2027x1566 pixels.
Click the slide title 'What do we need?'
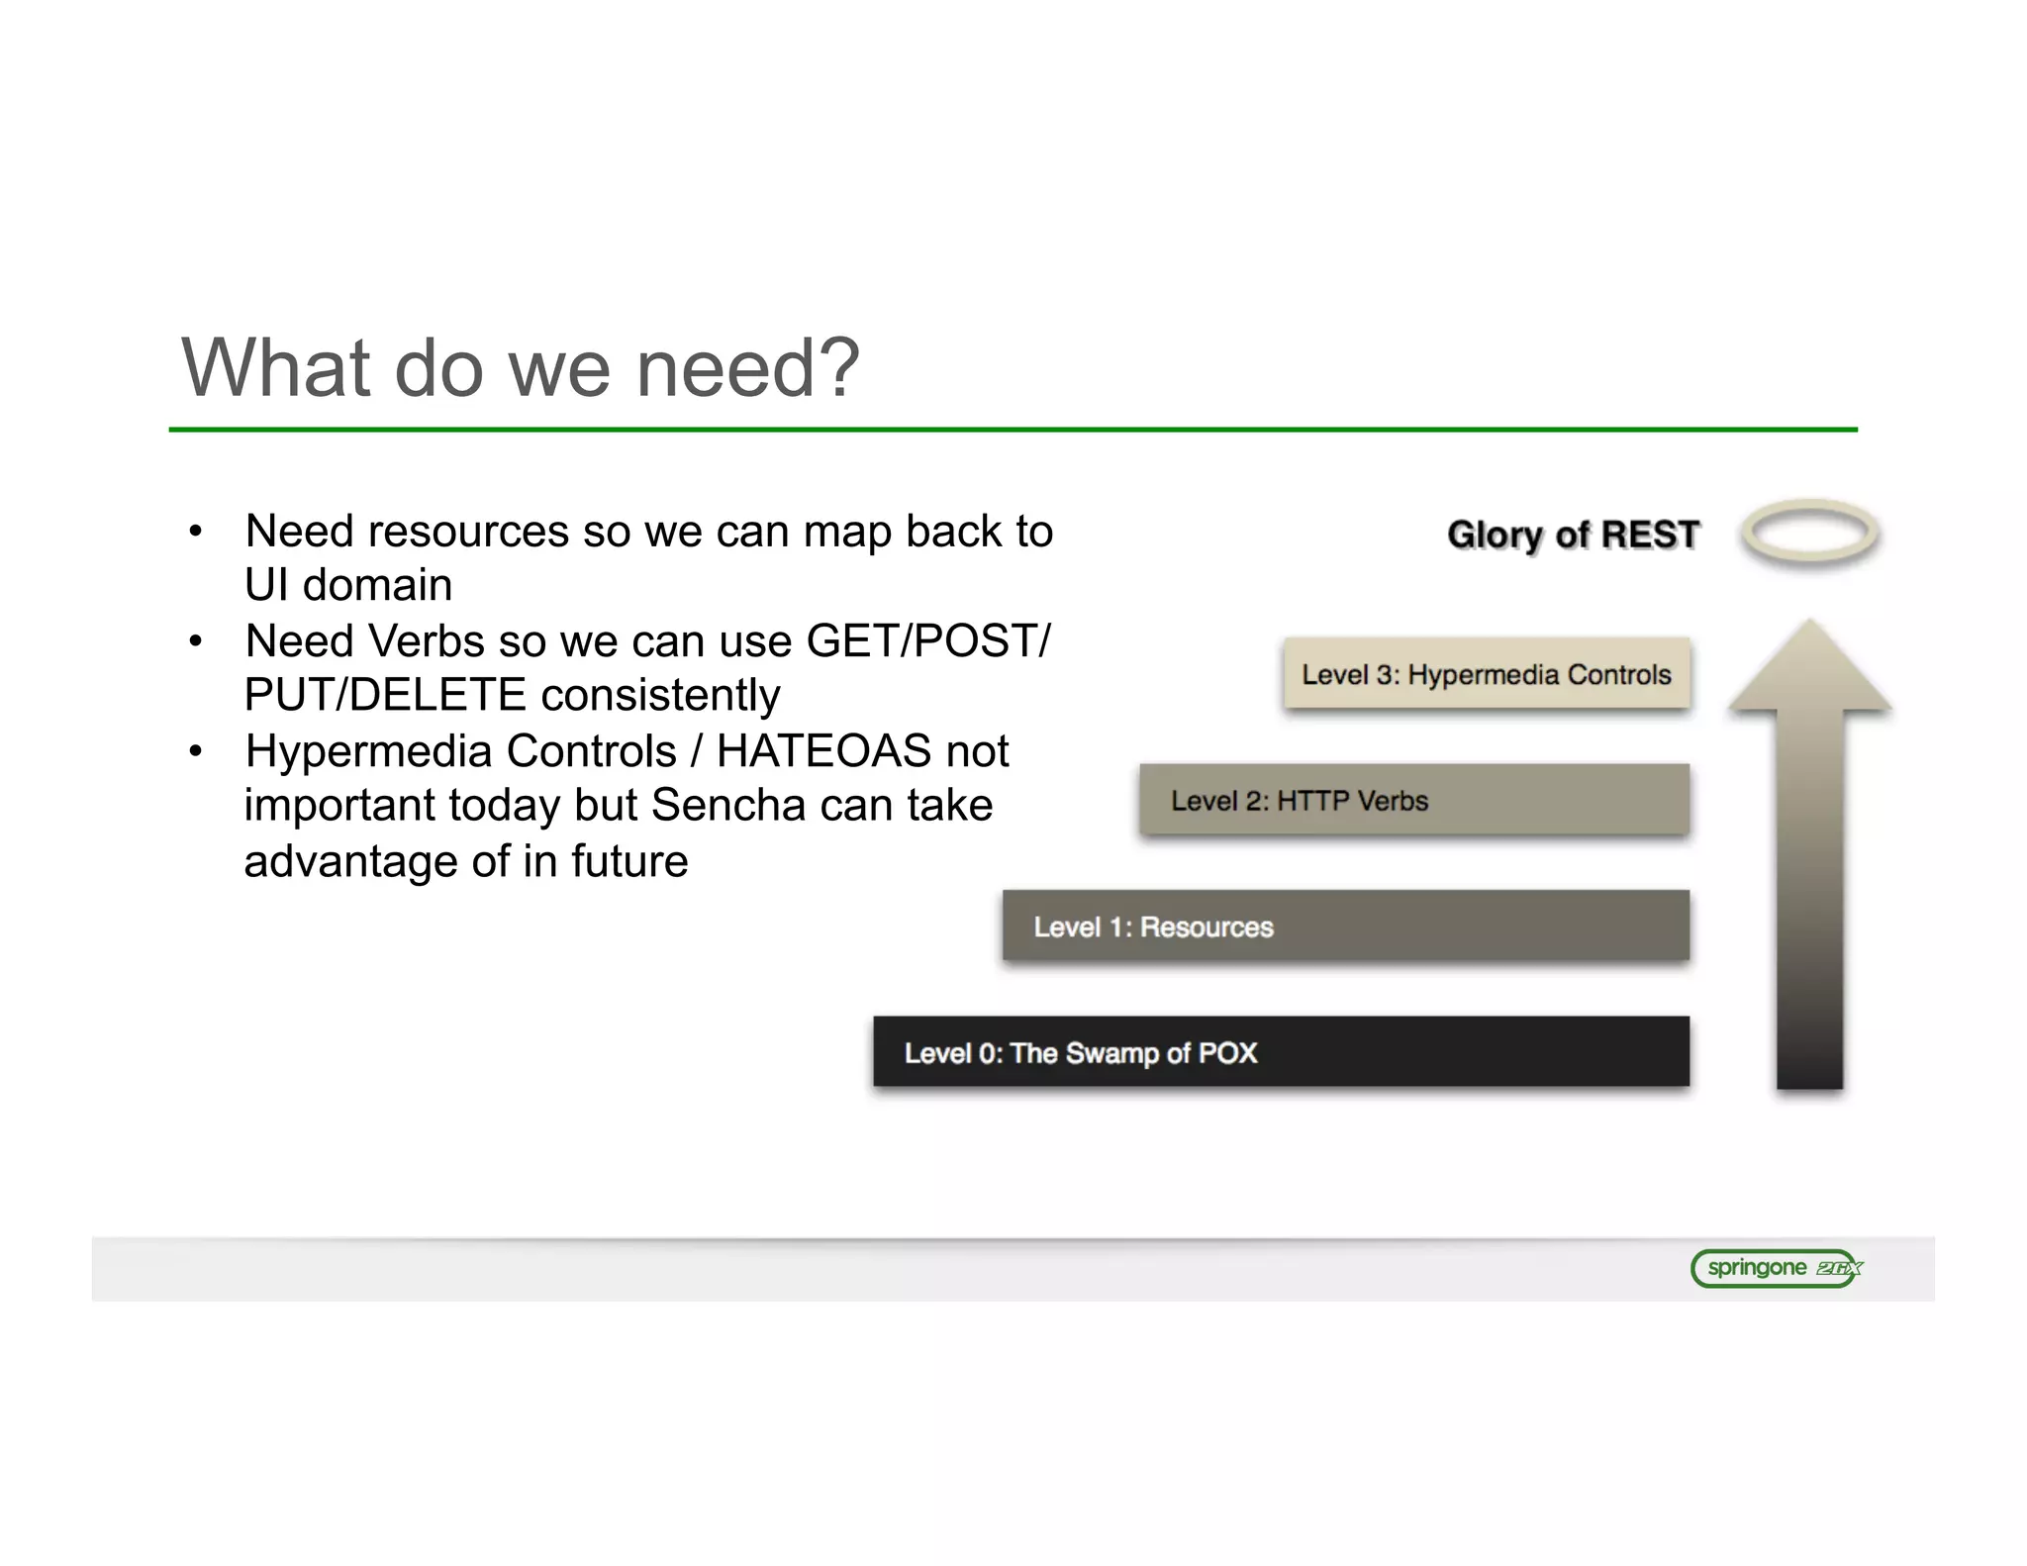click(x=521, y=368)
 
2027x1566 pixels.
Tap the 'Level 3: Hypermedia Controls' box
click(x=1486, y=674)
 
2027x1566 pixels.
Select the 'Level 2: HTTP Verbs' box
click(x=1413, y=800)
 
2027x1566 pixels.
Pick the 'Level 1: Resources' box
click(x=1345, y=927)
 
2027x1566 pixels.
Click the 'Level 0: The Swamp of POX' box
click(x=1281, y=1052)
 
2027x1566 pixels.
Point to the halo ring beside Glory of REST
click(x=1809, y=532)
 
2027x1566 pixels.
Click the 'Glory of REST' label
click(x=1573, y=535)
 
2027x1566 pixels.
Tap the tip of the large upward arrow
click(x=1810, y=627)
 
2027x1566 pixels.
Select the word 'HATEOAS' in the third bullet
click(x=823, y=751)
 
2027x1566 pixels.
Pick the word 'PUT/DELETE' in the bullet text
click(x=385, y=695)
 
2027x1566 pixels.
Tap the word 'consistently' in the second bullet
click(x=660, y=695)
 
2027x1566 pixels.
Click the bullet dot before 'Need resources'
click(x=196, y=533)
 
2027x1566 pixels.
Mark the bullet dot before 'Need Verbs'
click(x=196, y=642)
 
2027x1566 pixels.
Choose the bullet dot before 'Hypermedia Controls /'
click(x=196, y=752)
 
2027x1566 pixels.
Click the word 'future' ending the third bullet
click(x=628, y=861)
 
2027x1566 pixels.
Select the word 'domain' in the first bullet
click(x=377, y=585)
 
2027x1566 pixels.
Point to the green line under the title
click(x=1013, y=430)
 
